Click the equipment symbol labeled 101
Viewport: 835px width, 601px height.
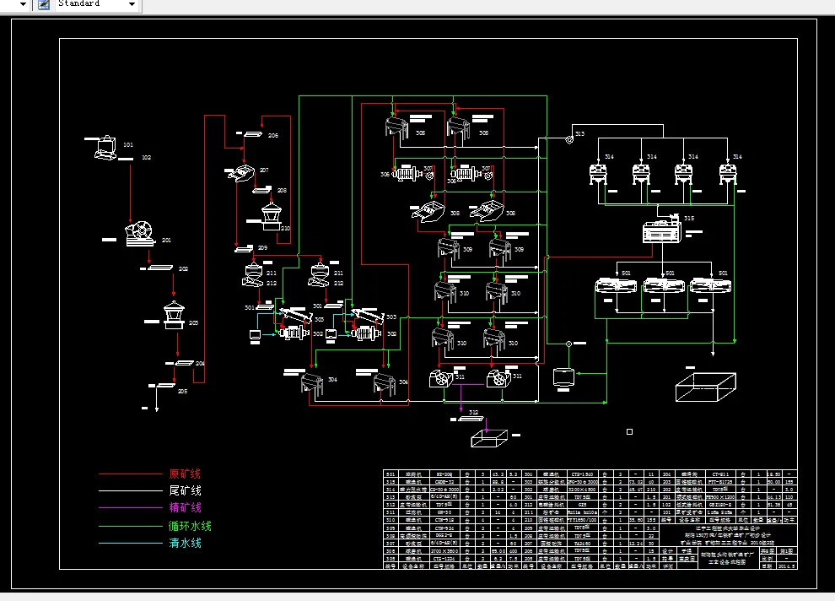tap(106, 147)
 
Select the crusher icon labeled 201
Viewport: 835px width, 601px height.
tap(140, 234)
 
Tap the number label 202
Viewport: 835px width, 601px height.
tap(183, 268)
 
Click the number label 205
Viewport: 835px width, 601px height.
tap(182, 391)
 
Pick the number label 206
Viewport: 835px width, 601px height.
tap(273, 135)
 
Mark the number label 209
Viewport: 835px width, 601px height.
tap(262, 247)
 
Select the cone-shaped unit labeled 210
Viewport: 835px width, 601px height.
tap(272, 217)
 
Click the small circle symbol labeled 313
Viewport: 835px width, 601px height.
tap(570, 139)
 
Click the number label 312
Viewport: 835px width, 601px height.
tap(474, 413)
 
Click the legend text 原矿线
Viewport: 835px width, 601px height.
tap(185, 474)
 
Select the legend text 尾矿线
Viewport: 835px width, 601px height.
tap(185, 490)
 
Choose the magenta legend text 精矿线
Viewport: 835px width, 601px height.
tap(185, 507)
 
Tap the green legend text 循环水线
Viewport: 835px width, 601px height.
tap(190, 526)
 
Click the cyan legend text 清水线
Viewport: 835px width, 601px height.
tap(185, 543)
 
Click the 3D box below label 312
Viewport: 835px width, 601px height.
tap(489, 439)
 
